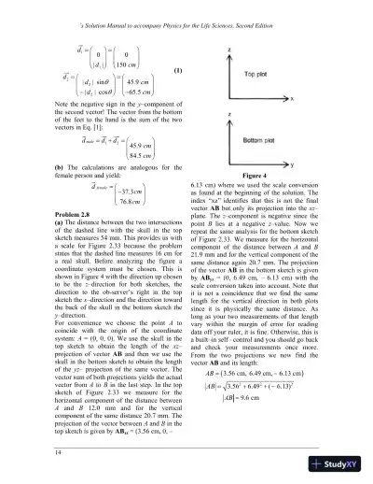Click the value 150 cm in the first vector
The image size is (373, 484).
139,64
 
